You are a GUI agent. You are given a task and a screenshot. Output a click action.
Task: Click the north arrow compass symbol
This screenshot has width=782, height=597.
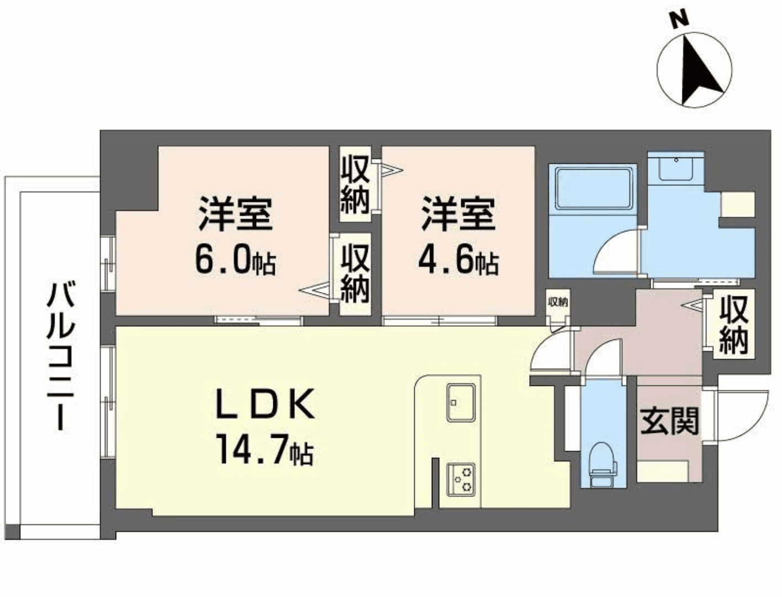pyautogui.click(x=695, y=70)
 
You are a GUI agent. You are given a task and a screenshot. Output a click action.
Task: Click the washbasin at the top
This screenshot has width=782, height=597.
pyautogui.click(x=675, y=168)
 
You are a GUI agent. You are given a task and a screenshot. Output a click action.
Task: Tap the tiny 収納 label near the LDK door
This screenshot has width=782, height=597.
pyautogui.click(x=557, y=302)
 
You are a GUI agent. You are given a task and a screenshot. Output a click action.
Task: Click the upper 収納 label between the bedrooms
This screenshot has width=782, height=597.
pyautogui.click(x=354, y=185)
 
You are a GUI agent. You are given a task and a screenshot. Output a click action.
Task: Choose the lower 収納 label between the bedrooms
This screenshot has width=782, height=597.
pyautogui.click(x=354, y=274)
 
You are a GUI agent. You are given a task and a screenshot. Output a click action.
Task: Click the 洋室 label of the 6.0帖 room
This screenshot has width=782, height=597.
pyautogui.click(x=235, y=214)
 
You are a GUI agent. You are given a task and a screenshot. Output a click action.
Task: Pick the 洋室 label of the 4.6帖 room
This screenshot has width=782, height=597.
pyautogui.click(x=458, y=214)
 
